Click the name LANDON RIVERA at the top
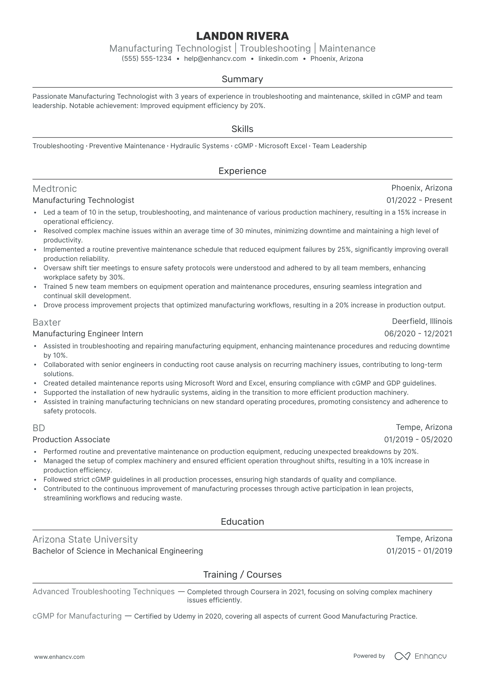(242, 36)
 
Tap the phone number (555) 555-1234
(147, 58)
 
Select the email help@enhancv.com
(215, 58)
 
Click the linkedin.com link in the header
(278, 58)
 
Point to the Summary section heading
(242, 79)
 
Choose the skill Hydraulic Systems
(200, 146)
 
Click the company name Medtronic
(55, 188)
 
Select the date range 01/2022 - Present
(419, 200)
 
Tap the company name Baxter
(47, 322)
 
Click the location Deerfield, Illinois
(422, 321)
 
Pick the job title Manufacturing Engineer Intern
(88, 334)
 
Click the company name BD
(39, 428)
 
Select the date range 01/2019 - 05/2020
(418, 439)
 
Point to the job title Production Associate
(71, 439)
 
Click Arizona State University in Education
(85, 539)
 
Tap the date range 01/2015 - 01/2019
(419, 551)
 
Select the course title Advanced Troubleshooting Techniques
(104, 591)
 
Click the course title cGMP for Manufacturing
(77, 616)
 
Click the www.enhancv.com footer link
(60, 657)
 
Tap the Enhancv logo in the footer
(420, 656)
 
